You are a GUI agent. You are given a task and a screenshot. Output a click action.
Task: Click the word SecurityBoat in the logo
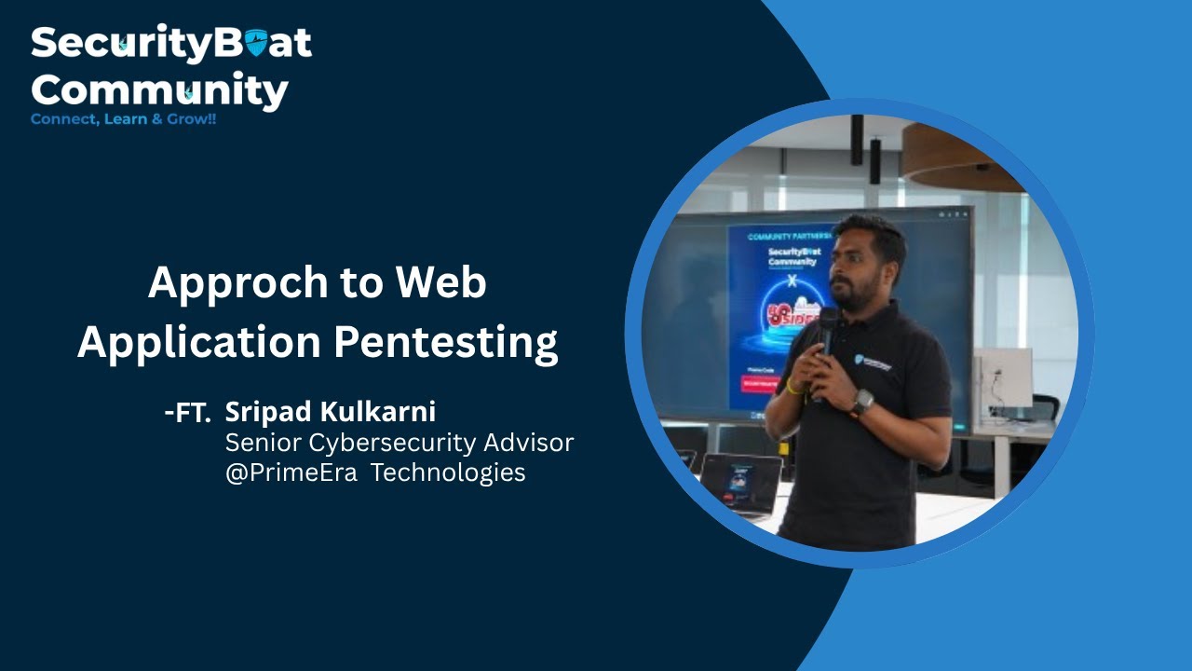(170, 45)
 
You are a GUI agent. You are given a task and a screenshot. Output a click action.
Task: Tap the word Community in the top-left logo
(159, 91)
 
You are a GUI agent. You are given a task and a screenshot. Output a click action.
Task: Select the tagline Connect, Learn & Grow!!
(123, 120)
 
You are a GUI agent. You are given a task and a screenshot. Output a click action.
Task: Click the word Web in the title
(445, 282)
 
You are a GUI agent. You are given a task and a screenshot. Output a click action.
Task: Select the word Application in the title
(198, 342)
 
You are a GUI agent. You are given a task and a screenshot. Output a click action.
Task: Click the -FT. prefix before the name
(187, 414)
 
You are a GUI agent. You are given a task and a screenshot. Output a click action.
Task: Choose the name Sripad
(267, 411)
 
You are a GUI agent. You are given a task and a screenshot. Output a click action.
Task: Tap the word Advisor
(528, 442)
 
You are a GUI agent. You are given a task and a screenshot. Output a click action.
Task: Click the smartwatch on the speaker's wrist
(862, 403)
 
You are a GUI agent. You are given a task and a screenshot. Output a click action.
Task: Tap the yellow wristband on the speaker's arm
(793, 386)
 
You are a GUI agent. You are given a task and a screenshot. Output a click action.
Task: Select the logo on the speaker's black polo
(873, 363)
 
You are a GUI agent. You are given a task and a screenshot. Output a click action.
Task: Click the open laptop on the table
(740, 483)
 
